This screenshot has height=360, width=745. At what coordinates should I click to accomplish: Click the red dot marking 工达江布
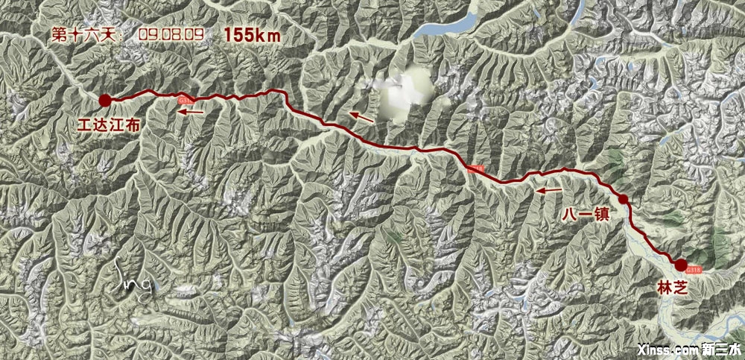click(x=105, y=99)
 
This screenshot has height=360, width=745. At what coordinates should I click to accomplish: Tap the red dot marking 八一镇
click(x=622, y=199)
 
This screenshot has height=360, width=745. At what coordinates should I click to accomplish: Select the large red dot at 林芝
click(x=680, y=264)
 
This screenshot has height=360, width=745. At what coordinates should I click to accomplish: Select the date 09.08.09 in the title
click(x=171, y=34)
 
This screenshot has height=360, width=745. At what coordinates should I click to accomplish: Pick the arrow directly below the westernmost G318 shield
click(x=191, y=112)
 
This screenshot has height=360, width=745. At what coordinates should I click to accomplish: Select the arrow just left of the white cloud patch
click(x=364, y=116)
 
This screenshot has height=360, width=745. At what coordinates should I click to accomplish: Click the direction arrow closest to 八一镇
click(x=550, y=191)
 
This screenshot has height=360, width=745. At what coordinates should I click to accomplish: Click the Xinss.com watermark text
click(x=668, y=349)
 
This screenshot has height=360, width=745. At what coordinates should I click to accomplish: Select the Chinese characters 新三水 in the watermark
click(x=720, y=349)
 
